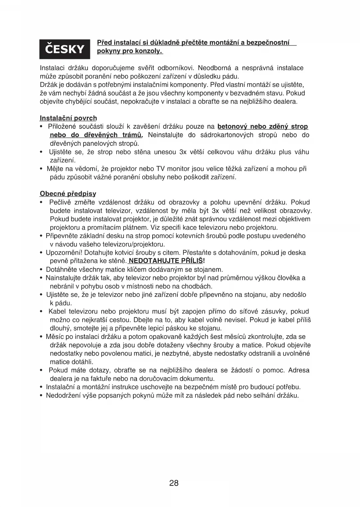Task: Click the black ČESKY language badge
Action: (65, 49)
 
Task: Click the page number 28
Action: (174, 483)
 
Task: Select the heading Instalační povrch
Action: (68, 118)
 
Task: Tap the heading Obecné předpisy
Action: (68, 194)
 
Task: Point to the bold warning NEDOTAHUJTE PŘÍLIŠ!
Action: (167, 261)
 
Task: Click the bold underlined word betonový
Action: (232, 127)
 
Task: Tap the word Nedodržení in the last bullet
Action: (64, 395)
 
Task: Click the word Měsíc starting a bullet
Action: (55, 337)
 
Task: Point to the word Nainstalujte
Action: (65, 278)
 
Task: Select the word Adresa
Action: (299, 370)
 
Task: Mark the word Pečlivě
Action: (60, 202)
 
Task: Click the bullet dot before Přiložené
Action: (41, 127)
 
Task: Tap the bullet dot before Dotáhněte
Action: (41, 270)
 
